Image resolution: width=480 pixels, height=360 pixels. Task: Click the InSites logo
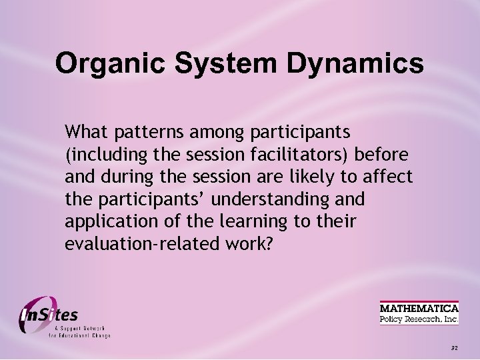(x=60, y=316)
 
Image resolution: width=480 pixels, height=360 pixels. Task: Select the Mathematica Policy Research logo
(x=419, y=313)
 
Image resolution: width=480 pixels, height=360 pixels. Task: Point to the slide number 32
(x=455, y=348)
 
